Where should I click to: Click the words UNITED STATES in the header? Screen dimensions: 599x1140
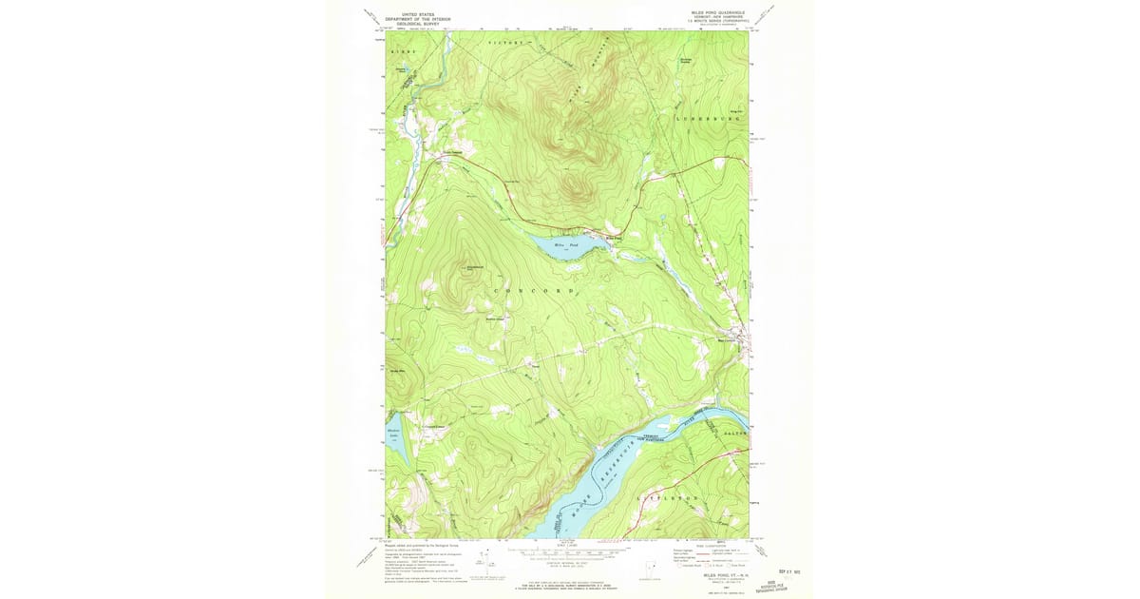click(418, 14)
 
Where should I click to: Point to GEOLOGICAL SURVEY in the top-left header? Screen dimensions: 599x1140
click(418, 24)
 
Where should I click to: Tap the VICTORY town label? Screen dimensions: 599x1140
click(505, 44)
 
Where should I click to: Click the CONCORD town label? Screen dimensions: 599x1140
click(533, 290)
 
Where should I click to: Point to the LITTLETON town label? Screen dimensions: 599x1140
click(674, 497)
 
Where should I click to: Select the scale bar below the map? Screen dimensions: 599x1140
click(566, 551)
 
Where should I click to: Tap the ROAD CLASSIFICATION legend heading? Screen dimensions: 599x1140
click(698, 545)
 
